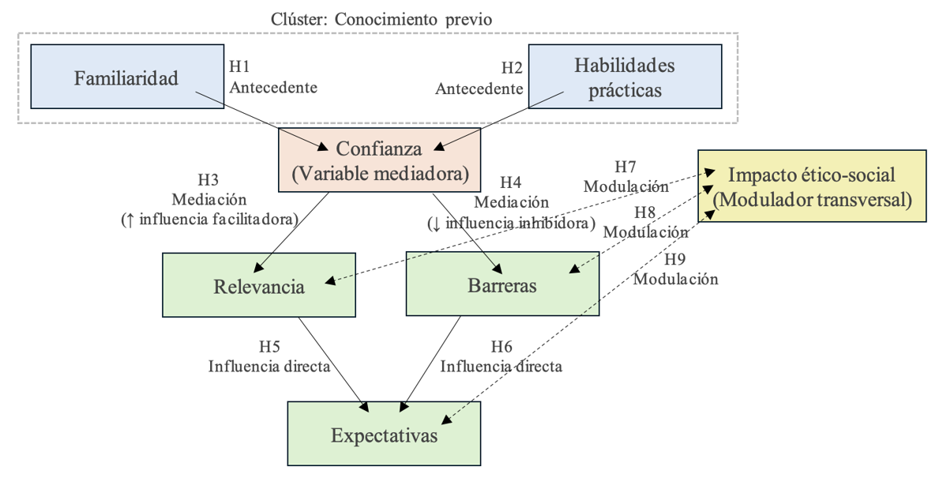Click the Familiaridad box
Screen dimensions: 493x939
[x=126, y=78]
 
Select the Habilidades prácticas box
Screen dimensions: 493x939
[x=624, y=77]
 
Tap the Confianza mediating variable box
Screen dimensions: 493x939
[x=379, y=161]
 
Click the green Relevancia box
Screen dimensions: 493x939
[x=259, y=286]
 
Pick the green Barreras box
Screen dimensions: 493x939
[x=502, y=285]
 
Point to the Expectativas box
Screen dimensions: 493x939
[x=383, y=435]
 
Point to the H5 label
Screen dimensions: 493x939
[x=269, y=346]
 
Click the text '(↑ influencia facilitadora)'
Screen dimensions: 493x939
[x=208, y=219]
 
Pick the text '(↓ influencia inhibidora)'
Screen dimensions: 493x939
[x=511, y=223]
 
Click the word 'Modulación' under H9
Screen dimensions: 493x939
[x=676, y=278]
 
